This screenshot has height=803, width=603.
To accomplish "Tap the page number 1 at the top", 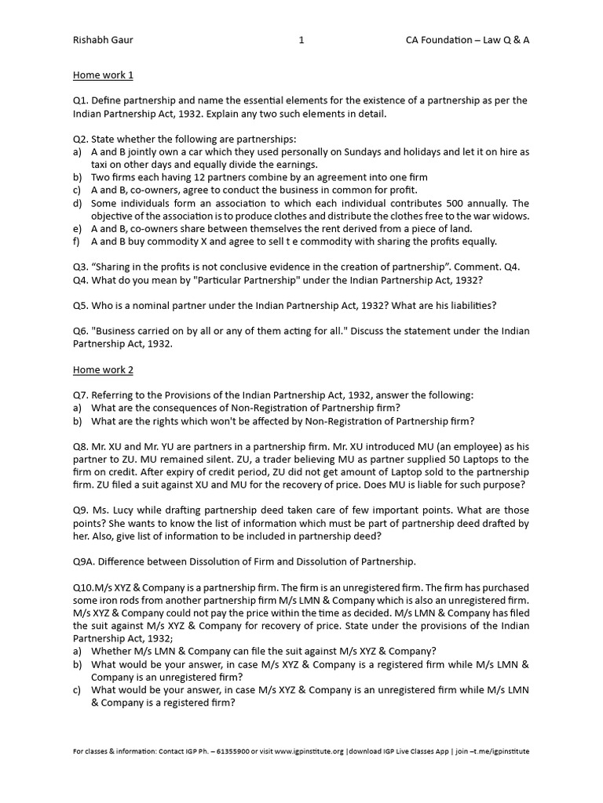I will (x=301, y=41).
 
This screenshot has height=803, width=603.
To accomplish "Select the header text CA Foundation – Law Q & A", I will (x=467, y=41).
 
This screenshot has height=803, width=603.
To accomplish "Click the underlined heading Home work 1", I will (x=103, y=75).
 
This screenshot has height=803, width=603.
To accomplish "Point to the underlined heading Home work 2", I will (x=103, y=369).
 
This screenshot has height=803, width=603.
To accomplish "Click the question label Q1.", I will (x=81, y=100).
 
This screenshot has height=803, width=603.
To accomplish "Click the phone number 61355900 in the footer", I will (x=230, y=751).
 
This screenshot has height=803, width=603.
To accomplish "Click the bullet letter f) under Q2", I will (x=77, y=242).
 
